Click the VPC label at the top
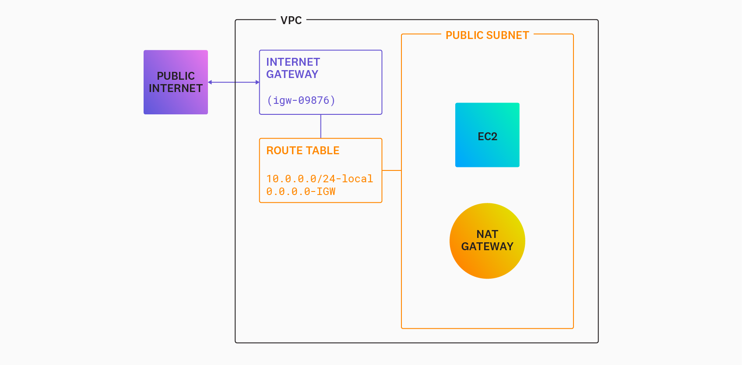pyautogui.click(x=291, y=21)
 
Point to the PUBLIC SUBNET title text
pyautogui.click(x=487, y=35)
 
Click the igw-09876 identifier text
pyautogui.click(x=301, y=100)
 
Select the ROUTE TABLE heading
pyautogui.click(x=303, y=151)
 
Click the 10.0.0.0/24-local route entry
pyautogui.click(x=320, y=179)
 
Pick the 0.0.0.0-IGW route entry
pyautogui.click(x=301, y=191)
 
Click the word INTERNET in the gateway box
pyautogui.click(x=293, y=62)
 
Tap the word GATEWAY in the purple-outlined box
pyautogui.click(x=292, y=74)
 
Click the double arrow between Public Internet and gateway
pyautogui.click(x=233, y=82)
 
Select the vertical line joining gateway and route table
pyautogui.click(x=321, y=126)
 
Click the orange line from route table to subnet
pyautogui.click(x=392, y=170)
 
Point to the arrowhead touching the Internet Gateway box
pyautogui.click(x=257, y=82)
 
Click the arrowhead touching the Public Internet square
pyautogui.click(x=210, y=82)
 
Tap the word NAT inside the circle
pyautogui.click(x=487, y=234)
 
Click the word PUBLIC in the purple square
pyautogui.click(x=176, y=76)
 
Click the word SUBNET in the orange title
pyautogui.click(x=509, y=35)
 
